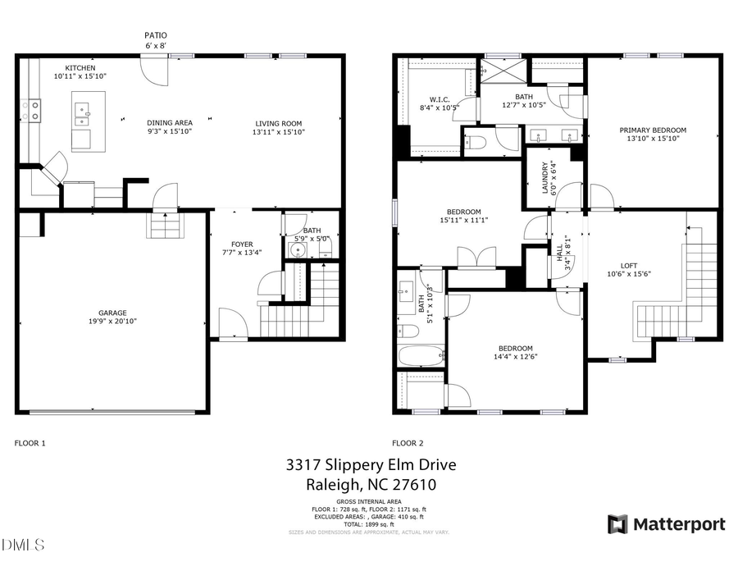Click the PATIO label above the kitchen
tap(156, 35)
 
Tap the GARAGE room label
tap(112, 313)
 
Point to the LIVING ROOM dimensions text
tap(280, 131)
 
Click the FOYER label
tap(242, 244)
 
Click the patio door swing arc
tap(153, 71)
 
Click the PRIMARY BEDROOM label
tap(653, 130)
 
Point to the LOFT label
tap(628, 265)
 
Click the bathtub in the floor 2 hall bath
tap(420, 356)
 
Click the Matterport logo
tap(666, 524)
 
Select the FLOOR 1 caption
tap(30, 443)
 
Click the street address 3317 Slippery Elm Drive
tap(371, 465)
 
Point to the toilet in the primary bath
tap(476, 142)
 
